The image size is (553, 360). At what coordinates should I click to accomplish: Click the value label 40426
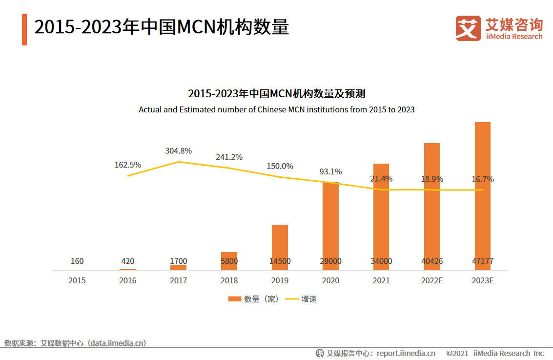432,261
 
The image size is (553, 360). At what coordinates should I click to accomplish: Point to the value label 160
77,261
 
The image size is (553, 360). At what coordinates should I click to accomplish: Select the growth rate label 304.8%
178,150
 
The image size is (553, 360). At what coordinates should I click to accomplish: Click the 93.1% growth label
330,172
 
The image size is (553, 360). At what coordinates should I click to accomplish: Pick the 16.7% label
483,179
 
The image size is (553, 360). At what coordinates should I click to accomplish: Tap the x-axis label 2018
229,280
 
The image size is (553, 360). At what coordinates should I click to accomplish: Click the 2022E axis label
432,280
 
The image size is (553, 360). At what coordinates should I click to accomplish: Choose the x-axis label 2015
77,280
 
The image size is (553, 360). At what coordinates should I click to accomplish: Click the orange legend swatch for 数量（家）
234,299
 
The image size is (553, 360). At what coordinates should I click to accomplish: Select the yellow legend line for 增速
291,299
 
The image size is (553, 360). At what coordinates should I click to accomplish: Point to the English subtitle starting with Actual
276,109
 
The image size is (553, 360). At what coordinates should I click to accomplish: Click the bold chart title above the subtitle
276,94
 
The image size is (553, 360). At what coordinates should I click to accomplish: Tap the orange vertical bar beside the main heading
24,29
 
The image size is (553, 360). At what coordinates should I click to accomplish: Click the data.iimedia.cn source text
116,343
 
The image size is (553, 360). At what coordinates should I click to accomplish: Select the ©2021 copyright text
457,353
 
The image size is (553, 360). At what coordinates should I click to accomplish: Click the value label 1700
178,261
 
